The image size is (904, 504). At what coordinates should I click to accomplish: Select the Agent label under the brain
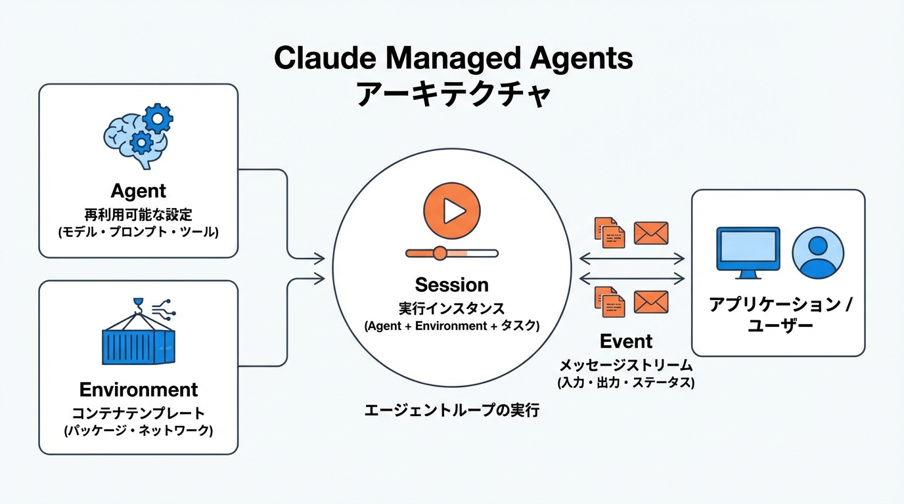(x=138, y=191)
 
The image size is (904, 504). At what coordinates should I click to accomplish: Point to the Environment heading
(x=139, y=389)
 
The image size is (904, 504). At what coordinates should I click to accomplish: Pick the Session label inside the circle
(x=452, y=285)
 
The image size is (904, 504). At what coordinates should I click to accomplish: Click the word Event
(x=626, y=341)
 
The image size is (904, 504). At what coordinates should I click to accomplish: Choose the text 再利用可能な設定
(x=138, y=214)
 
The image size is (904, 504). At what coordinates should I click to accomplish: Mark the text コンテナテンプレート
(x=138, y=413)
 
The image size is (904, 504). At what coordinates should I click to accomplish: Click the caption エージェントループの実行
(x=452, y=411)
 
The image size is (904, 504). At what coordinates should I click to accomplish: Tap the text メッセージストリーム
(x=626, y=366)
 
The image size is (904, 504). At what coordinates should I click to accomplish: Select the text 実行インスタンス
(x=452, y=308)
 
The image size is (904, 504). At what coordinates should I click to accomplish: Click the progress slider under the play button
(x=452, y=253)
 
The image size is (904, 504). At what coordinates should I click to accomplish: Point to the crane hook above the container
(x=139, y=303)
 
